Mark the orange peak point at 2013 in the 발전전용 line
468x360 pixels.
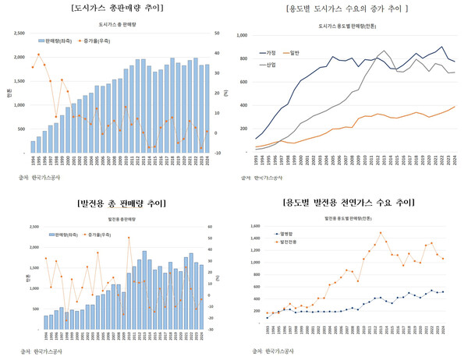tap(381, 232)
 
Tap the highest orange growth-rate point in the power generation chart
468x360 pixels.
tap(129, 238)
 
